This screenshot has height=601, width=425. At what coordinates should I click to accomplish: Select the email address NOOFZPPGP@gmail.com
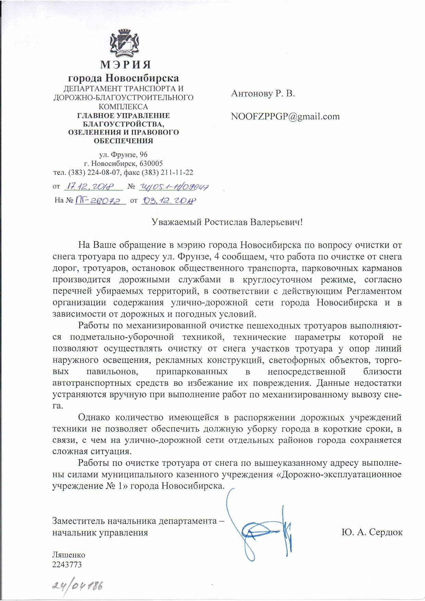(x=286, y=116)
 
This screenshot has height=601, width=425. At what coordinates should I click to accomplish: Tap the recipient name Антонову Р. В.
(x=263, y=94)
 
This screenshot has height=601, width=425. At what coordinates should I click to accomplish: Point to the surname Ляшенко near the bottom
(x=69, y=555)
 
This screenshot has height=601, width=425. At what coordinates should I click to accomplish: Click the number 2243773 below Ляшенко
(x=67, y=564)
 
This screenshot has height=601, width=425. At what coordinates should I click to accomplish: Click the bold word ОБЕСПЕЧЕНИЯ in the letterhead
(x=124, y=140)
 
